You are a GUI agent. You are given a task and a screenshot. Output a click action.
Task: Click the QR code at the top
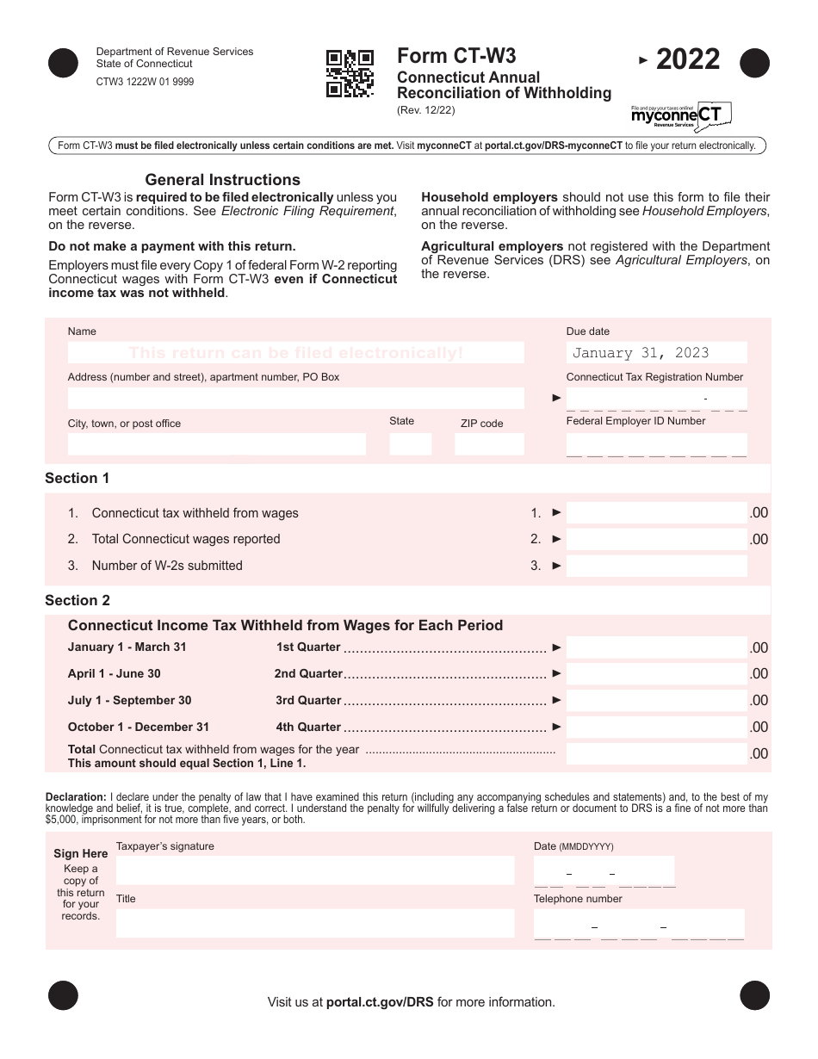pos(350,73)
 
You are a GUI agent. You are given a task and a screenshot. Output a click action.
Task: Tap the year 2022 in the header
pos(687,59)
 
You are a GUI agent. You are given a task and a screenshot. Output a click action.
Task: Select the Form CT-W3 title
pos(456,56)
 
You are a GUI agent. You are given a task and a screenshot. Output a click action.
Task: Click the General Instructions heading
pos(222,180)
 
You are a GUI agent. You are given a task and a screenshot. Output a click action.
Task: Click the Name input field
pos(295,352)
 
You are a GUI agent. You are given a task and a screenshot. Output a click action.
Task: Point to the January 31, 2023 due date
pos(641,353)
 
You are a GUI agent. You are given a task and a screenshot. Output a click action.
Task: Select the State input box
pos(410,444)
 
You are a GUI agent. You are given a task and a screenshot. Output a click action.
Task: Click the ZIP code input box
pos(488,444)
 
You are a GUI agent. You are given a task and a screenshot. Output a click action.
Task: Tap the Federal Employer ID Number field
pos(656,444)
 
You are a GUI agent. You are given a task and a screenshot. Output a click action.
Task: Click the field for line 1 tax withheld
pos(656,513)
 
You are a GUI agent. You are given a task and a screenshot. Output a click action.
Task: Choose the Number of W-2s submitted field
pos(656,566)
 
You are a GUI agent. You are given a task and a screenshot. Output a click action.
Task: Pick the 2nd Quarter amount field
pos(656,674)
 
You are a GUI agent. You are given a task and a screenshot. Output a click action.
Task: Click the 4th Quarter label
pos(308,728)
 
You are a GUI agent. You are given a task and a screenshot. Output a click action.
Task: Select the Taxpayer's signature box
pos(315,870)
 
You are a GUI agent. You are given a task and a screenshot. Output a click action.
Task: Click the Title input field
pos(315,923)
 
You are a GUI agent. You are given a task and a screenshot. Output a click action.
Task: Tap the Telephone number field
pos(639,924)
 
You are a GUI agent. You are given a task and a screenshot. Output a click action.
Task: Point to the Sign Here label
pos(81,854)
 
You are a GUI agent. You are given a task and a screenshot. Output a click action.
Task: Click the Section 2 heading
pos(77,601)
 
